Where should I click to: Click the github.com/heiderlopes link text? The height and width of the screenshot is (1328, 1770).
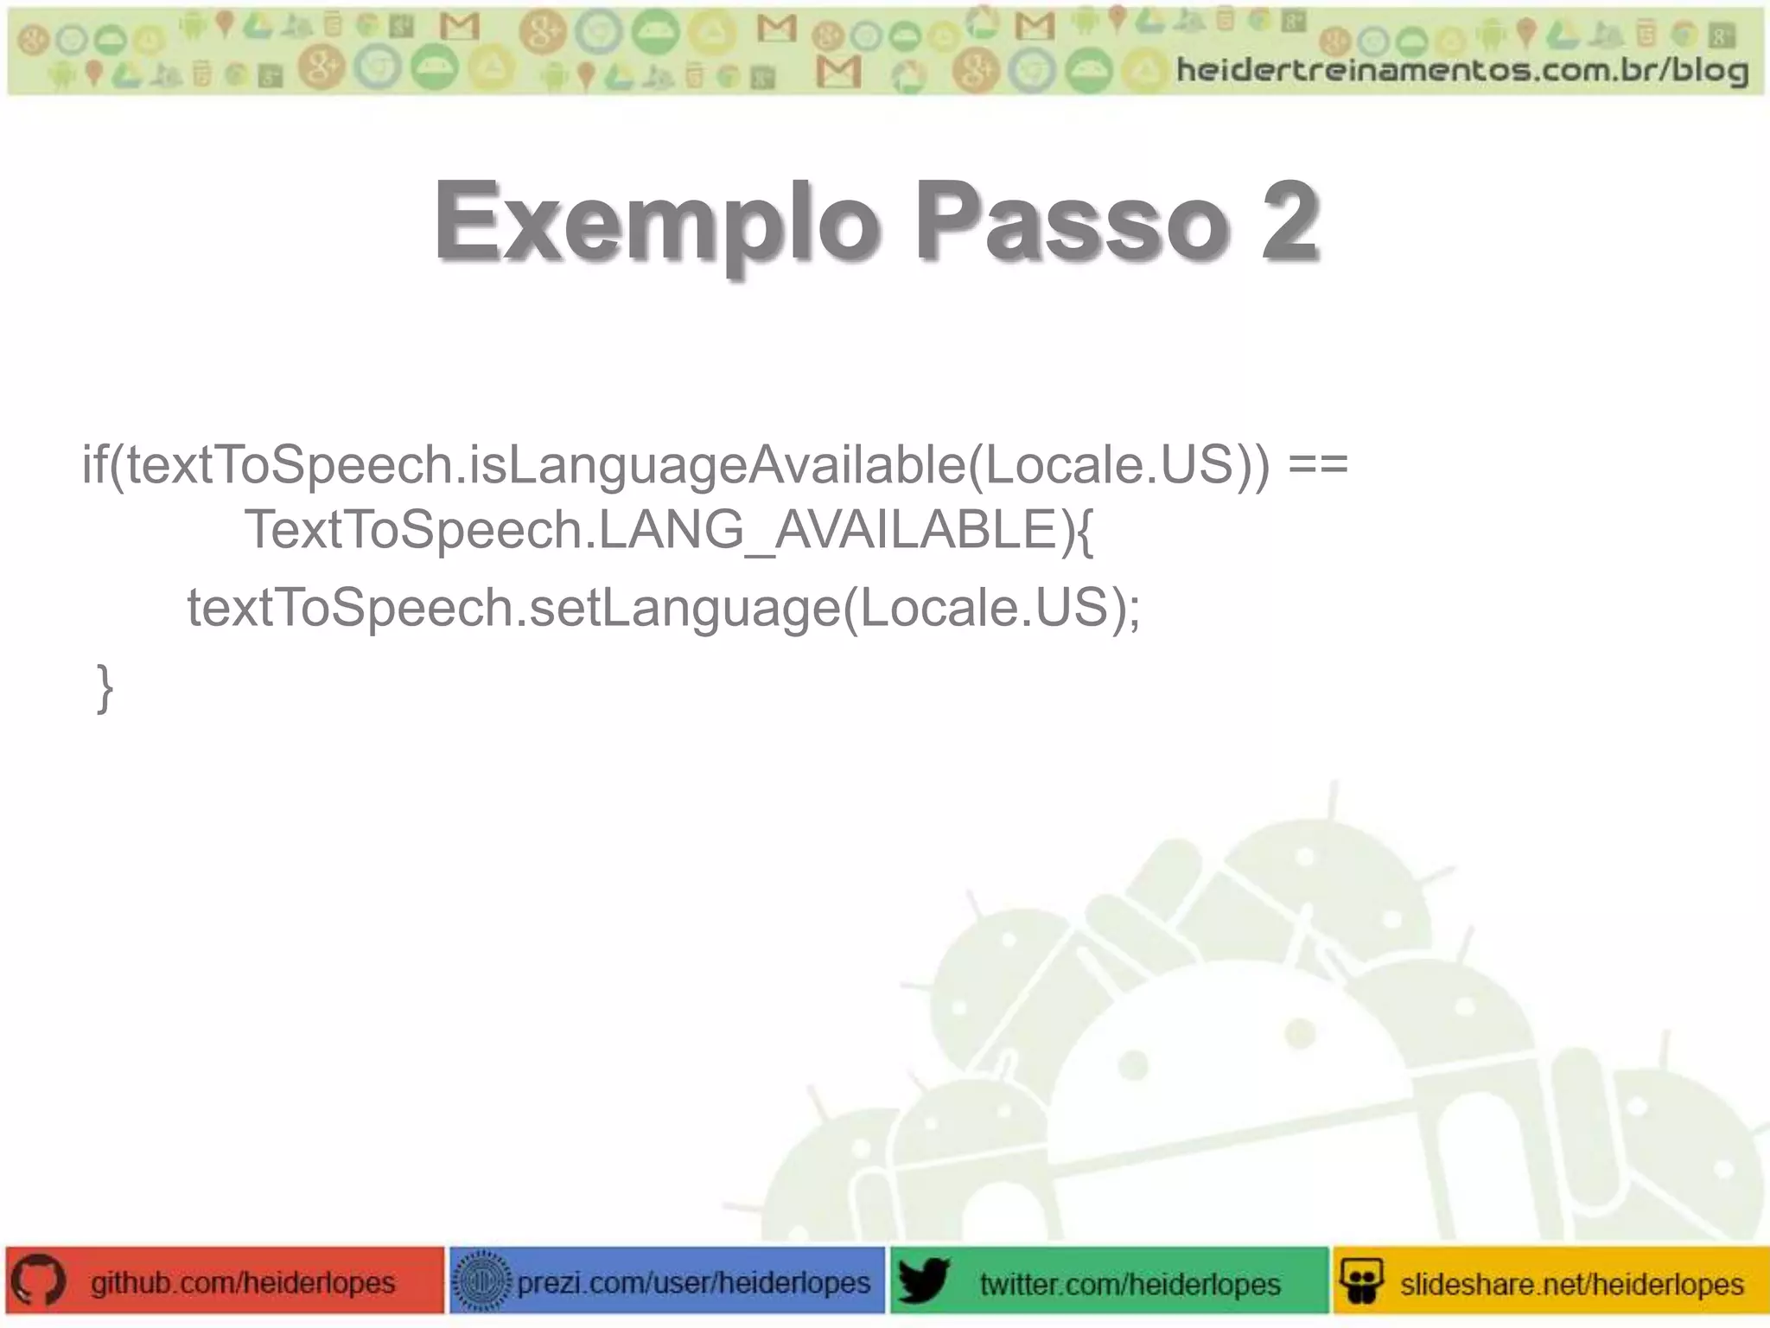tap(243, 1282)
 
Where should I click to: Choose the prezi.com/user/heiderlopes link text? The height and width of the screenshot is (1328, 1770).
tap(693, 1282)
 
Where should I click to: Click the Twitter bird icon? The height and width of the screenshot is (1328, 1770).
tap(923, 1281)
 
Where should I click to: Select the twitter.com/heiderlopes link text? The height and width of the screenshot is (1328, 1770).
tap(1130, 1284)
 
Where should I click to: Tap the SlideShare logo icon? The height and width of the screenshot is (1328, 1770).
tap(1362, 1281)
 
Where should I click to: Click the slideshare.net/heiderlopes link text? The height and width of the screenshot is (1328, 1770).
tap(1571, 1284)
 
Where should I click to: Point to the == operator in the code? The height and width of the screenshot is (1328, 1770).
tap(1317, 465)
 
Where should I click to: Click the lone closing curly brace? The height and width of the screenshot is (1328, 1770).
tap(105, 689)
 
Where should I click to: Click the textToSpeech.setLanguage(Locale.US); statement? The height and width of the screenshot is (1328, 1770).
tap(663, 608)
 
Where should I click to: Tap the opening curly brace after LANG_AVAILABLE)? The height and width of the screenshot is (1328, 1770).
tap(1086, 531)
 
